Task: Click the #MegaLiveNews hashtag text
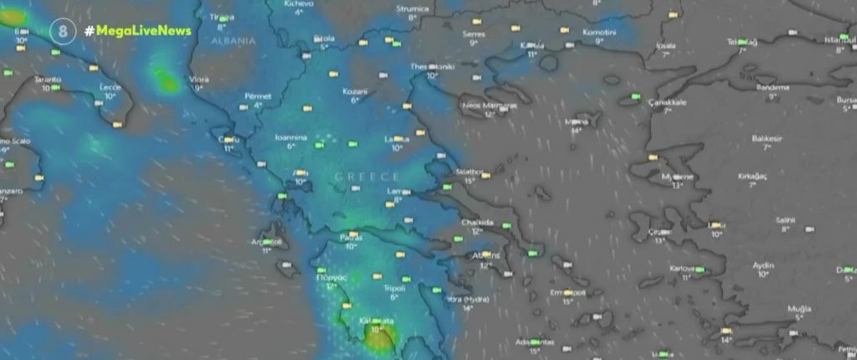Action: tap(137, 31)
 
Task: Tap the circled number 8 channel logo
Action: tap(61, 31)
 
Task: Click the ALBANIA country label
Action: tap(233, 40)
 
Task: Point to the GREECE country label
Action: tap(367, 177)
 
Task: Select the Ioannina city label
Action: tap(291, 136)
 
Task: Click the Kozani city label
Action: tap(355, 90)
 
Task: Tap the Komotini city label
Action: tap(599, 32)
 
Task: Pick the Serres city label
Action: tap(474, 33)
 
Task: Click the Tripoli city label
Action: tap(393, 287)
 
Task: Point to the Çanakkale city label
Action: tap(668, 101)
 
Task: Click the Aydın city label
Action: tap(763, 264)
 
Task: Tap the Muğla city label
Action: tap(799, 308)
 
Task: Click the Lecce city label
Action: tap(110, 86)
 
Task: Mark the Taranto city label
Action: tap(48, 79)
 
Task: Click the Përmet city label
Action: tap(258, 96)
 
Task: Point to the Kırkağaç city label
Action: tap(752, 176)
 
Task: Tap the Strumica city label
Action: tap(413, 8)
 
